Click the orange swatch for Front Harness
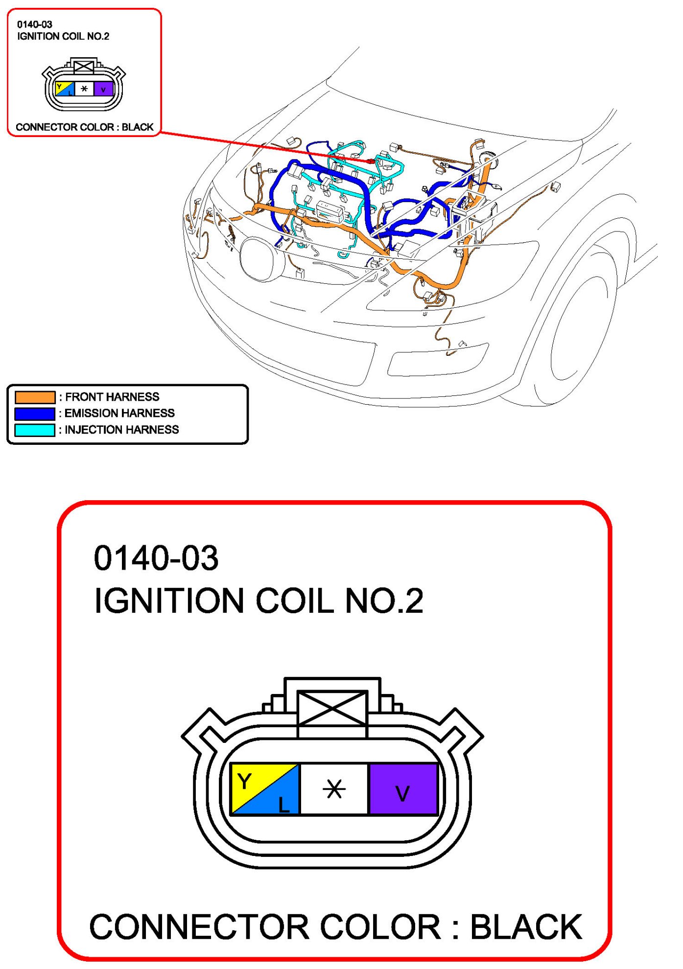pyautogui.click(x=35, y=397)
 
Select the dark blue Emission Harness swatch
pyautogui.click(x=35, y=414)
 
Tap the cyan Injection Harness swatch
pyautogui.click(x=35, y=430)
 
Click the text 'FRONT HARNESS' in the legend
pyautogui.click(x=112, y=397)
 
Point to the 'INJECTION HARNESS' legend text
pyautogui.click(x=122, y=430)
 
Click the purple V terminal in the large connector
pyautogui.click(x=403, y=789)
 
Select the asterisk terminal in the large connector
pyautogui.click(x=334, y=789)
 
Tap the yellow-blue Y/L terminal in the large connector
pyautogui.click(x=265, y=789)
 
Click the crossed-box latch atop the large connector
pyautogui.click(x=332, y=708)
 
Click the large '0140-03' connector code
pyautogui.click(x=156, y=558)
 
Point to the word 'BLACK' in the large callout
pyautogui.click(x=526, y=927)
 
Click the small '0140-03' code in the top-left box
pyautogui.click(x=35, y=24)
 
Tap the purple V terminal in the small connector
pyautogui.click(x=103, y=89)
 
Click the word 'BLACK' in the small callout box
pyautogui.click(x=138, y=127)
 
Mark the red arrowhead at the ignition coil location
pyautogui.click(x=371, y=161)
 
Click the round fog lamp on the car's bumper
pyautogui.click(x=262, y=259)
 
